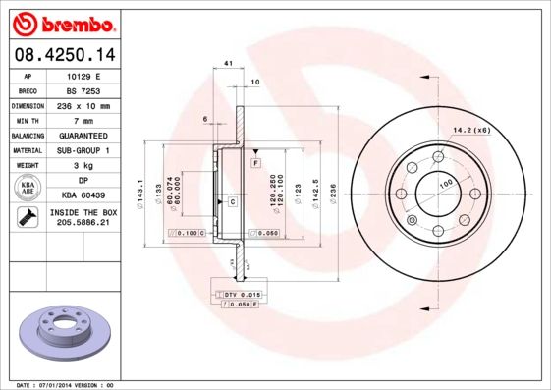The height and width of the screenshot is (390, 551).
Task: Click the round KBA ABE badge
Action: pyautogui.click(x=28, y=189)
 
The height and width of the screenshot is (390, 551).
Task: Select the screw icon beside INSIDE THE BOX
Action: pyautogui.click(x=28, y=218)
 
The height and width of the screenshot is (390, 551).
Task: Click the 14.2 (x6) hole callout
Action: pyautogui.click(x=471, y=128)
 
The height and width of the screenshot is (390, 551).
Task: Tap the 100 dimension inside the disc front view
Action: pyautogui.click(x=445, y=184)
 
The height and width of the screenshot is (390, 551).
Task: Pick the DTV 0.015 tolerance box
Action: pyautogui.click(x=238, y=295)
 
